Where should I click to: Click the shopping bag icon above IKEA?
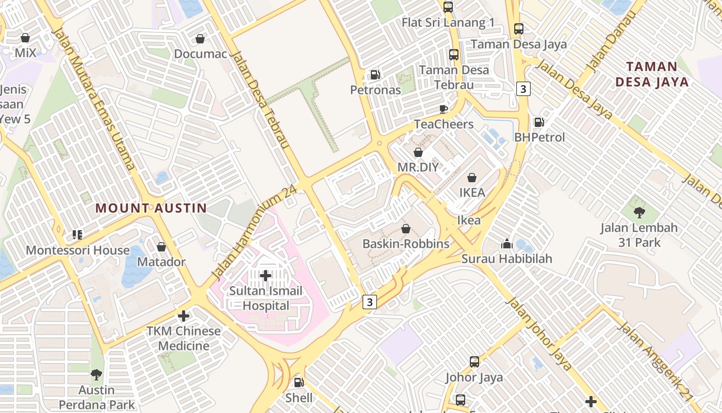coord(471,178)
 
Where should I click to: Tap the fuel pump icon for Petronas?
coord(375,75)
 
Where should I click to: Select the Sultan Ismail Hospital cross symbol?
coord(266,276)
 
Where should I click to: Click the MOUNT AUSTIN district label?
coord(151,208)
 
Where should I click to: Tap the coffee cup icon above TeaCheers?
coord(443,109)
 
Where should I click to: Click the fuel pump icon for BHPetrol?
coord(539,122)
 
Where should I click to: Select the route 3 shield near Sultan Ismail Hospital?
coord(369,301)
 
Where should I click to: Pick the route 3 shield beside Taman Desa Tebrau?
coord(523,89)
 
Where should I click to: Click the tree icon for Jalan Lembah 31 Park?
coord(639,212)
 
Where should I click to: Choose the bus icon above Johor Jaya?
coord(474,362)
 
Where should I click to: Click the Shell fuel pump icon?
coord(298,383)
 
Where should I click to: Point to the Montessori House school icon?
coord(77,235)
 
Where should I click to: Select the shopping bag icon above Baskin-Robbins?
coord(406,229)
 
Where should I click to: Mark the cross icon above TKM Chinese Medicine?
coord(183,315)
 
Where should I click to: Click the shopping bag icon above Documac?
coord(200,39)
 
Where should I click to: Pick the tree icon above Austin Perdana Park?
coord(96,374)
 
